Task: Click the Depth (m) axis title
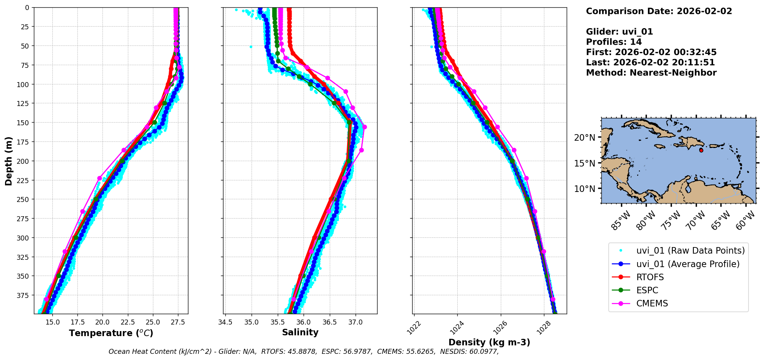click(8, 161)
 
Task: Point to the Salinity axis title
click(300, 332)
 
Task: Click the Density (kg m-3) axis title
click(489, 342)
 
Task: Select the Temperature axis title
click(111, 333)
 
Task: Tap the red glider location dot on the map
click(701, 150)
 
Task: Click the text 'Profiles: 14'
click(614, 42)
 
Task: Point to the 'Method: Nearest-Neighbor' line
click(651, 73)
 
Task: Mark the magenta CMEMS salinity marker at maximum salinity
click(364, 127)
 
